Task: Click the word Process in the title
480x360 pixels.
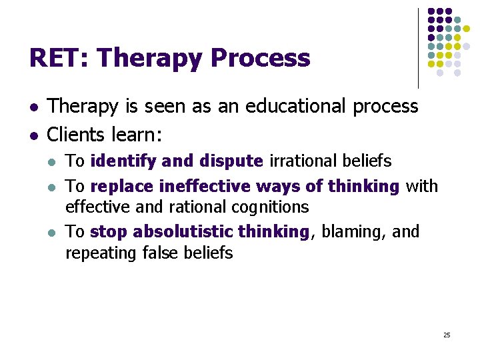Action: click(x=260, y=59)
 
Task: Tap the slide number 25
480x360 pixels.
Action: click(x=447, y=335)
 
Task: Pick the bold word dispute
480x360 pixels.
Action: click(x=231, y=161)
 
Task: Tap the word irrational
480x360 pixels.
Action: click(x=297, y=161)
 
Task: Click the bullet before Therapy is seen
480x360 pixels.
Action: click(x=33, y=107)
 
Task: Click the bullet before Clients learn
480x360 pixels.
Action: click(x=33, y=135)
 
